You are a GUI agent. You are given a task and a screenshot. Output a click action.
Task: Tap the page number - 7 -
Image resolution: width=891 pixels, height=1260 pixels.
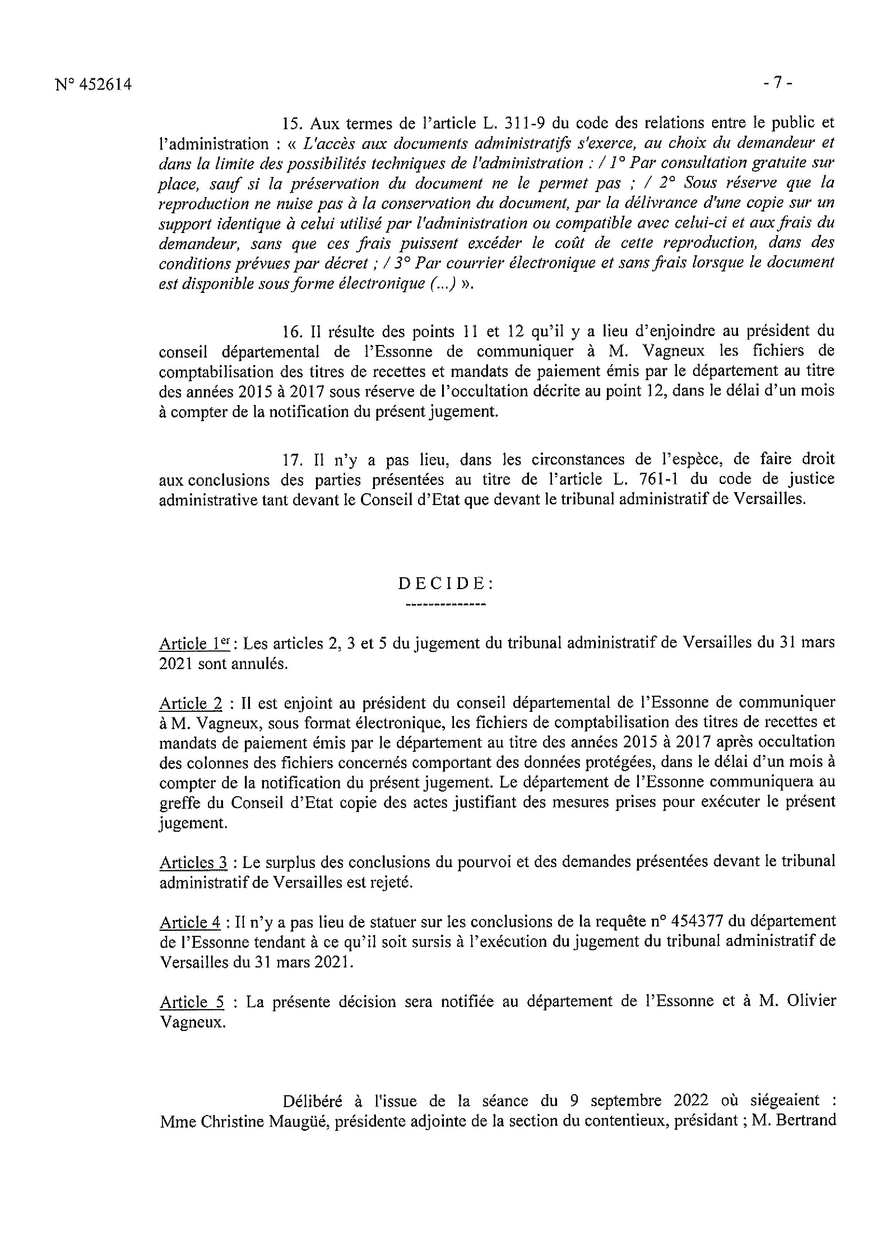click(778, 83)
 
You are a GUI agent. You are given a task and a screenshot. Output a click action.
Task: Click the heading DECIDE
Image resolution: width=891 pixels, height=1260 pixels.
click(446, 584)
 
